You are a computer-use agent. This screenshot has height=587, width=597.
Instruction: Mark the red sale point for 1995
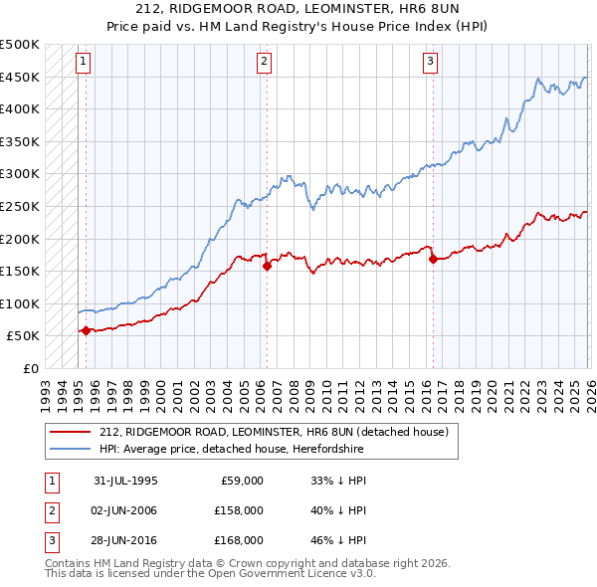pyautogui.click(x=86, y=330)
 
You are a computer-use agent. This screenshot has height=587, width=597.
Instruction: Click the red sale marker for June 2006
pyautogui.click(x=267, y=266)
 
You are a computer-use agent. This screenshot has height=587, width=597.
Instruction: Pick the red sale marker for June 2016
pyautogui.click(x=433, y=260)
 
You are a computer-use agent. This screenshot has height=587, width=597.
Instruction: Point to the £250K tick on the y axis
pyautogui.click(x=20, y=206)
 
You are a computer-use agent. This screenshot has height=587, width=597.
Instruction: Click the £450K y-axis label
pyautogui.click(x=20, y=77)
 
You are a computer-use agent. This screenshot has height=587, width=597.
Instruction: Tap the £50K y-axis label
pyautogui.click(x=23, y=336)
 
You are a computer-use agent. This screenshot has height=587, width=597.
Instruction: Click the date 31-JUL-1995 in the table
pyautogui.click(x=125, y=480)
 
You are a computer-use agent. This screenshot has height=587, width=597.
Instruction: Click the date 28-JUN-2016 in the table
pyautogui.click(x=125, y=541)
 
